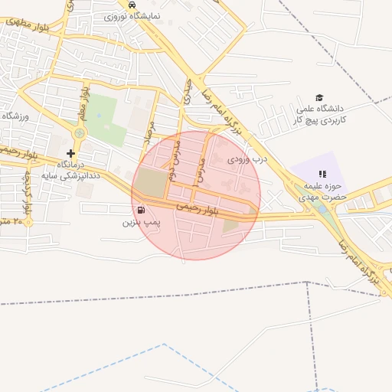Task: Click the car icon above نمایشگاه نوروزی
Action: pos(133,5)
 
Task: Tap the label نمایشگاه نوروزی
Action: pos(133,15)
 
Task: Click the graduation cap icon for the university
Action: pos(319,97)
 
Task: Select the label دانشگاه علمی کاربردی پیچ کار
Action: pos(322,114)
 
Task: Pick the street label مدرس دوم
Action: pos(177,155)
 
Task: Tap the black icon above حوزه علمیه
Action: pos(322,175)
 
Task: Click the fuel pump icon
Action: pos(141,210)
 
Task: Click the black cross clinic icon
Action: pos(70,153)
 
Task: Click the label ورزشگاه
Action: pos(15,116)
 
